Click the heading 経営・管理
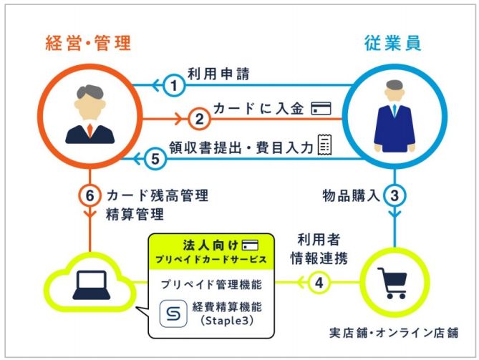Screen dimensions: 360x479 [84, 43]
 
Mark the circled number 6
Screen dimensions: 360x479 [89, 195]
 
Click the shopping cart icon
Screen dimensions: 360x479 [392, 283]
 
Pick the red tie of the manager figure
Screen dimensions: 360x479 [89, 131]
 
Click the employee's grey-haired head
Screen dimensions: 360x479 [395, 91]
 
